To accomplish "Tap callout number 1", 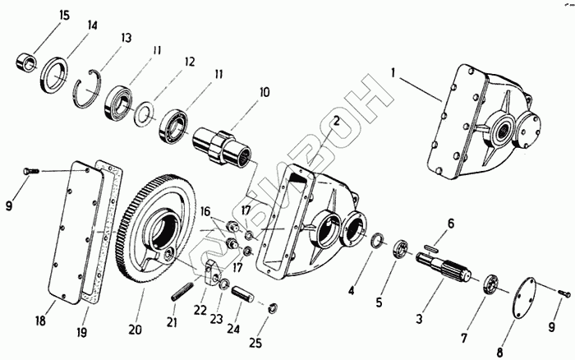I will click(x=393, y=73).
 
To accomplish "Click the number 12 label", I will click(x=190, y=62).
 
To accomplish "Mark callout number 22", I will click(x=199, y=311).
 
